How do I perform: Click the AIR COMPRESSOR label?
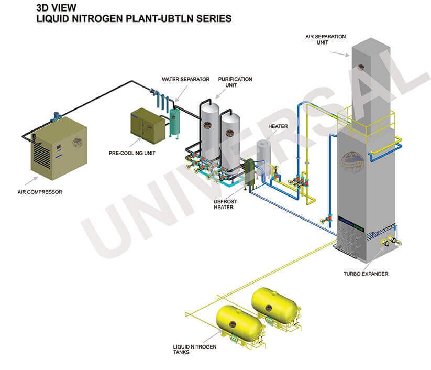point(40,192)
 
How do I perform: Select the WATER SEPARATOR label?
point(185,79)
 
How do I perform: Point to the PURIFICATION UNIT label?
point(235,82)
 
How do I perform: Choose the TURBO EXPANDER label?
point(366,274)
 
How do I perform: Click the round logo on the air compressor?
point(78,142)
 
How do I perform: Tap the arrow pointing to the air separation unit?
point(340,52)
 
